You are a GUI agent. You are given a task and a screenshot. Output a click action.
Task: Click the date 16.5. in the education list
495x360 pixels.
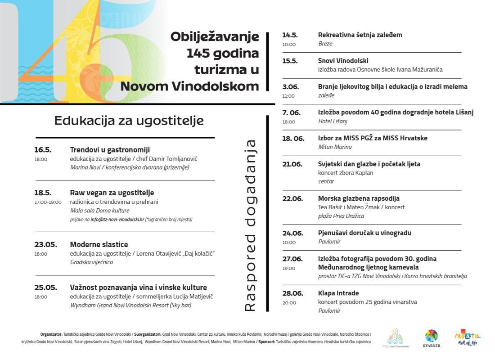tap(43, 150)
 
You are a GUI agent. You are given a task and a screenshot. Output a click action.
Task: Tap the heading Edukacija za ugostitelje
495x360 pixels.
tap(129, 121)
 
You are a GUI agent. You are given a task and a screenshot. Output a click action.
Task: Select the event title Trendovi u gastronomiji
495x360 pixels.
tap(110, 150)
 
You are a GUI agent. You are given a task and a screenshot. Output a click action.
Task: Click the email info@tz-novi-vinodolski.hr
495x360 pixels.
tap(117, 220)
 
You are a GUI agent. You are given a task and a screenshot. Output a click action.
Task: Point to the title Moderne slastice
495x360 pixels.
tap(99, 245)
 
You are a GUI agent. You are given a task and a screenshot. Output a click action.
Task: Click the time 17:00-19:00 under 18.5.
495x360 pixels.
tap(48, 202)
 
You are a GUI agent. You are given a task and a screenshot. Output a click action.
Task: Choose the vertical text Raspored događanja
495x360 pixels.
tap(250, 225)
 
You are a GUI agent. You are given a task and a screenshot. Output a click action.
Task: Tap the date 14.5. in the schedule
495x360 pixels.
tap(290, 35)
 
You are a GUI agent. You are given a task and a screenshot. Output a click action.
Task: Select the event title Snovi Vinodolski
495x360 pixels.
tap(343, 61)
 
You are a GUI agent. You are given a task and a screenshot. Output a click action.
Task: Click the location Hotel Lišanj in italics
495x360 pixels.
tap(333, 121)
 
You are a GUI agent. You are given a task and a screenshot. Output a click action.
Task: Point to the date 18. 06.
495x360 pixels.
tap(293, 138)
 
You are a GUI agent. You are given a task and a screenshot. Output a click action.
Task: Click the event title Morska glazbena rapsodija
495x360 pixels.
tap(359, 198)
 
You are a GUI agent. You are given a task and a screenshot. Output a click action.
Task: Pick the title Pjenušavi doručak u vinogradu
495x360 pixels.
tap(364, 233)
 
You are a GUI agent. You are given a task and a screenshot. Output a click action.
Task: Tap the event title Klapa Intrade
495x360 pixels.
tap(338, 293)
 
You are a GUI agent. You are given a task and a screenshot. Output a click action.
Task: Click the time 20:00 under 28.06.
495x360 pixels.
tap(289, 303)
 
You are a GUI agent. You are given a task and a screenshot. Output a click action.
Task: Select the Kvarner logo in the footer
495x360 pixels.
tap(431, 338)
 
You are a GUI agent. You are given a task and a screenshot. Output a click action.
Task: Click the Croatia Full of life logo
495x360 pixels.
tap(468, 337)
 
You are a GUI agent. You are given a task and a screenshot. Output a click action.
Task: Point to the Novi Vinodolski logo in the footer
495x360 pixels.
tap(396, 337)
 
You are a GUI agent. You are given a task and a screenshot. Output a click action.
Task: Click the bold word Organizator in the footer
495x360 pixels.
tap(51, 334)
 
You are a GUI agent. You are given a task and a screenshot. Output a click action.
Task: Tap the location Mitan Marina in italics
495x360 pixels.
tap(335, 147)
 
